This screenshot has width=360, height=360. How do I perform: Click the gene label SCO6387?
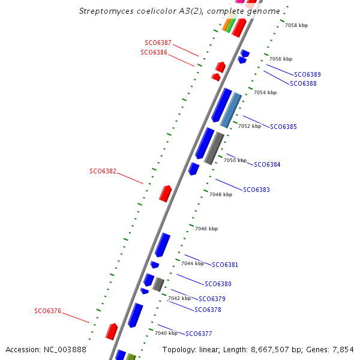(x=158, y=43)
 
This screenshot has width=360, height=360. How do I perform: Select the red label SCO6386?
(x=154, y=53)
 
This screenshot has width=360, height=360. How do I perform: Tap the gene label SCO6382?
(x=103, y=171)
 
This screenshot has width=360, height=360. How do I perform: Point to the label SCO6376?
(x=47, y=311)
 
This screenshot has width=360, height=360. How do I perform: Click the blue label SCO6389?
(x=307, y=74)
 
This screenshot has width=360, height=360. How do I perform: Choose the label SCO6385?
(x=283, y=127)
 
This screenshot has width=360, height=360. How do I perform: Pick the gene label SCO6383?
(x=256, y=190)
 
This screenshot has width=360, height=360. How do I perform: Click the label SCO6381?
(x=225, y=265)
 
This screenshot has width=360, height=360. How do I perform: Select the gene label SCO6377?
(x=199, y=334)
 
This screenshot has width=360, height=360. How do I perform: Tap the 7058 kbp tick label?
(x=296, y=26)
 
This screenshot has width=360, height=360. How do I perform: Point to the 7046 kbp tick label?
(x=206, y=229)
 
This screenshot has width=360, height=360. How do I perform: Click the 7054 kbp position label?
(x=265, y=93)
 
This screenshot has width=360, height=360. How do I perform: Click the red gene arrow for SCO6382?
(x=165, y=193)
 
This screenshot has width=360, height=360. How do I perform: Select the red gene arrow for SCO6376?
(x=111, y=331)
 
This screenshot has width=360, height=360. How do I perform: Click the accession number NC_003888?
(x=64, y=349)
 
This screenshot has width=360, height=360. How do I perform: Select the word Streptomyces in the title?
(x=105, y=11)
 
